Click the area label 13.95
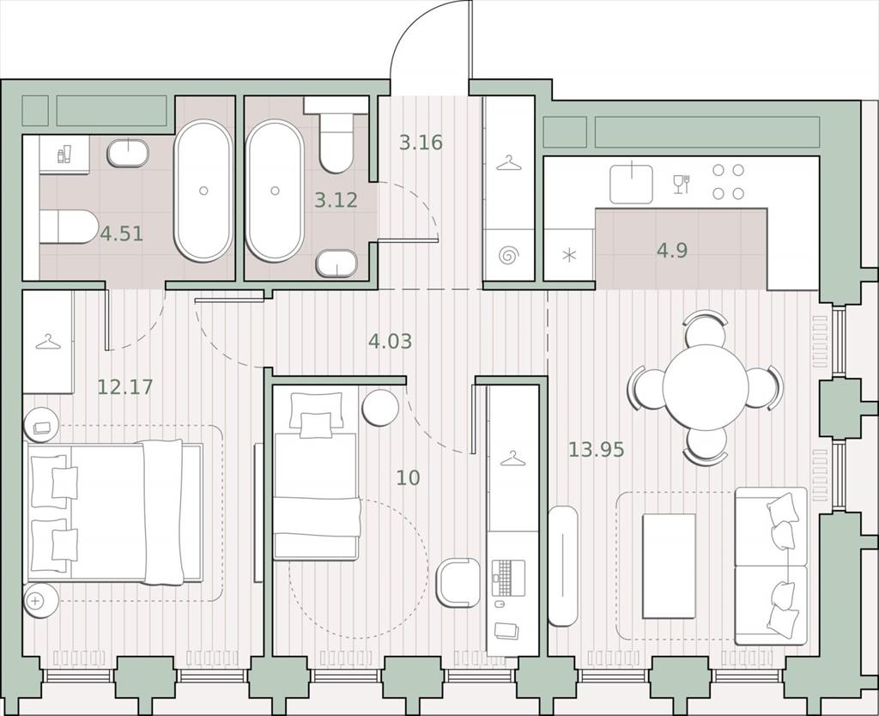(x=597, y=449)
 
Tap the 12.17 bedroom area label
(x=125, y=387)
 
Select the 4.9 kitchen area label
(x=672, y=250)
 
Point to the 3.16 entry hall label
(x=421, y=143)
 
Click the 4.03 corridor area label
(x=391, y=340)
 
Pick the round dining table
(x=706, y=386)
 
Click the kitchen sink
(x=631, y=184)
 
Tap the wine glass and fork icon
(x=682, y=185)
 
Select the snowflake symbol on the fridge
(x=569, y=256)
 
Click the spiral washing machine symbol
(x=508, y=256)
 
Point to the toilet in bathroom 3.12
(x=336, y=135)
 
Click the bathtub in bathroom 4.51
(x=203, y=191)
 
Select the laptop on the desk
(x=508, y=578)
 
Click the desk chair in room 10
(x=458, y=583)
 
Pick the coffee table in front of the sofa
(x=669, y=566)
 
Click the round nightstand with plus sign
(x=40, y=601)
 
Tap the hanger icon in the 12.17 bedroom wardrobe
(x=48, y=342)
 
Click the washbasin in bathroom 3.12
(x=336, y=263)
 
